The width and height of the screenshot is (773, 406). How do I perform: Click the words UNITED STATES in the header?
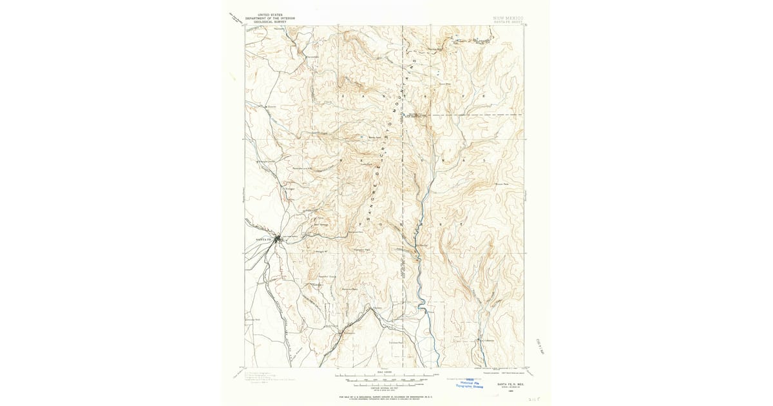pos(271,14)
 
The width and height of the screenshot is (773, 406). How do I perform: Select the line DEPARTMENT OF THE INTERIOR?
pos(271,17)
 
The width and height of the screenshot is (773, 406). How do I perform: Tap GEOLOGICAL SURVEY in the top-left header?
pos(271,21)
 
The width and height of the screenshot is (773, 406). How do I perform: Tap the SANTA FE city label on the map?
pos(263,240)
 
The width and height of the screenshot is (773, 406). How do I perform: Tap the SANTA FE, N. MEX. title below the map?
pos(508,385)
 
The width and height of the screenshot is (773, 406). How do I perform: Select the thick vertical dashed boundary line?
pos(403,193)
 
